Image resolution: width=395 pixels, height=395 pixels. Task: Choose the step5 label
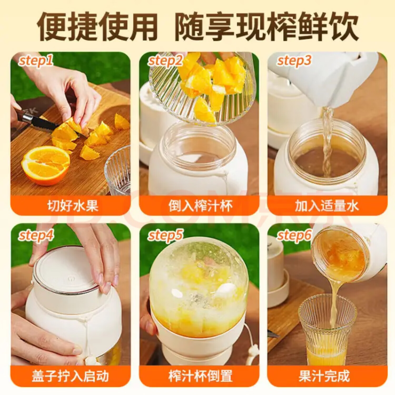pyautogui.click(x=165, y=235)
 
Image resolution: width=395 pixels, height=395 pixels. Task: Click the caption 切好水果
pyautogui.click(x=70, y=206)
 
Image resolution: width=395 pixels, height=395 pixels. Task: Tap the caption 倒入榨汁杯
pyautogui.click(x=199, y=206)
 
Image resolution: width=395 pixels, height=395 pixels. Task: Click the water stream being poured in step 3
pyautogui.click(x=327, y=142)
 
